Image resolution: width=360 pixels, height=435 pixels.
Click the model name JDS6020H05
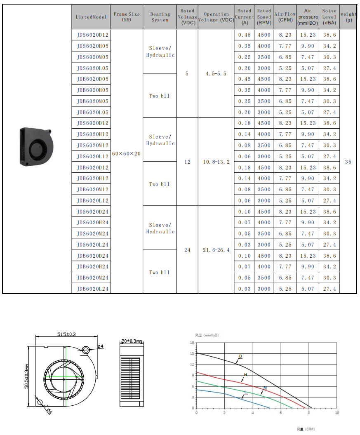point(92,46)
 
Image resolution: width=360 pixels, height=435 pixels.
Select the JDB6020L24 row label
point(92,289)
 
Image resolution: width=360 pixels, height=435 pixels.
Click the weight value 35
point(348,162)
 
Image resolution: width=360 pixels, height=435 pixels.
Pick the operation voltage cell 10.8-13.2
point(216,162)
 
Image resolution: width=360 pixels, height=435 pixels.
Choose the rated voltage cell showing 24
point(187,250)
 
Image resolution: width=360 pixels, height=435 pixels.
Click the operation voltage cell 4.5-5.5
point(216,74)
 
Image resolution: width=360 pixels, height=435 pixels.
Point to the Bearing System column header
point(160,17)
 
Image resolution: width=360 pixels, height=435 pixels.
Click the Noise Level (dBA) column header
point(329,17)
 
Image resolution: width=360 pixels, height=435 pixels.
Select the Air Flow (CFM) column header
point(285,17)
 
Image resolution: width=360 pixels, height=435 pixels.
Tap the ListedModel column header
point(91,17)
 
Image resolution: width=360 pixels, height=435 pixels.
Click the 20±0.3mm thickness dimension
point(132,341)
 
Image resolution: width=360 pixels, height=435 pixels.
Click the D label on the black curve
point(240,356)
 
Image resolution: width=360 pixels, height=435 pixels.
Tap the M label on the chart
point(265,388)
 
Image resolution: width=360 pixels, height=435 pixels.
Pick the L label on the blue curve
point(245,392)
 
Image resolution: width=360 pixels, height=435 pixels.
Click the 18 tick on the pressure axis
point(192,343)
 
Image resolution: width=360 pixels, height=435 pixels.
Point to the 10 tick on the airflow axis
point(337,412)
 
